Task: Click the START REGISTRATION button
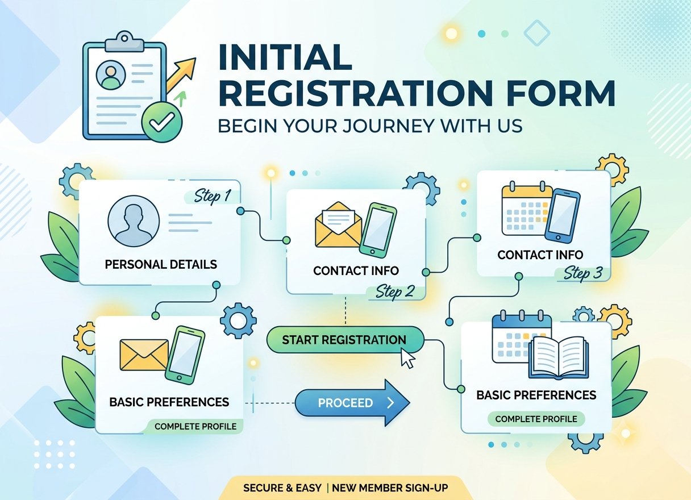(x=345, y=340)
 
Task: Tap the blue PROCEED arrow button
(x=352, y=403)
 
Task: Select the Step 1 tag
(x=213, y=197)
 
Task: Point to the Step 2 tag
(x=395, y=291)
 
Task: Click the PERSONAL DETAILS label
(x=161, y=264)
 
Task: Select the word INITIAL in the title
(x=285, y=57)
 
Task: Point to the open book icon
(x=559, y=357)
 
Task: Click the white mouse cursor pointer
(x=408, y=358)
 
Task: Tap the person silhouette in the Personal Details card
(x=134, y=221)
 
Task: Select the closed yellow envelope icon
(x=144, y=355)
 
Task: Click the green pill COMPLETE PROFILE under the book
(x=536, y=419)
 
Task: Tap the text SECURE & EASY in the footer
(x=282, y=488)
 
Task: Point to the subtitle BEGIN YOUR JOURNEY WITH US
(x=370, y=126)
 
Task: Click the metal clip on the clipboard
(x=124, y=41)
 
